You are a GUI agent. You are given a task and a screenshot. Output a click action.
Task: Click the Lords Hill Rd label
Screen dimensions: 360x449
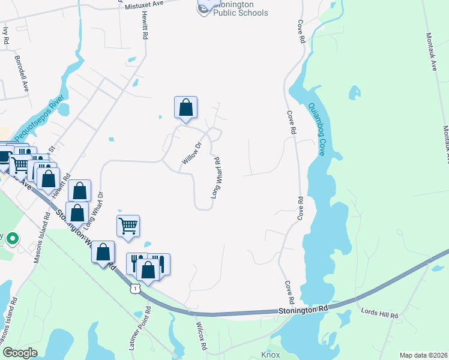(x=379, y=314)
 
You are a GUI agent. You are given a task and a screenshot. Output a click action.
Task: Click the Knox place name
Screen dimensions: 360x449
(x=270, y=355)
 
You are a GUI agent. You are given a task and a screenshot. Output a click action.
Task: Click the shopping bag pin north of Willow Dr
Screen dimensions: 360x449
(x=186, y=108)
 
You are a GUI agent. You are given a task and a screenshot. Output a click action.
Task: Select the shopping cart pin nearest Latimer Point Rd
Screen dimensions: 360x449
(x=128, y=227)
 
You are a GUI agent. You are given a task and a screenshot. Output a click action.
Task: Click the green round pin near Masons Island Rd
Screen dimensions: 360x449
(x=13, y=239)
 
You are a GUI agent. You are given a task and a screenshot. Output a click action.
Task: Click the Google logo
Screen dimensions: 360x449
(x=21, y=353)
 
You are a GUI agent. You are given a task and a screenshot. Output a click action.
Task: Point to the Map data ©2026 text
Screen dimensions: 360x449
(x=422, y=355)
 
